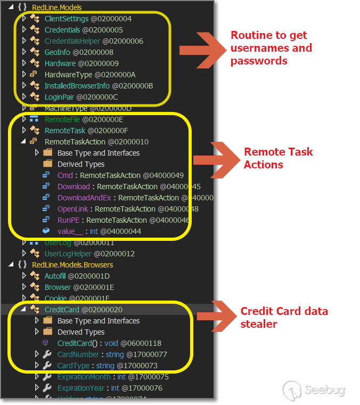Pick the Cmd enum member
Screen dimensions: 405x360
tap(65, 175)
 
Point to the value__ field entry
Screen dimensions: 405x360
tap(70, 231)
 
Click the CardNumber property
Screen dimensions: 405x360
tap(78, 354)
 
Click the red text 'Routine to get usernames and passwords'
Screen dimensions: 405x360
tap(271, 48)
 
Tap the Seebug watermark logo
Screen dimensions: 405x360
tap(314, 390)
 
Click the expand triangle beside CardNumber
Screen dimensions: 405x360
tap(37, 354)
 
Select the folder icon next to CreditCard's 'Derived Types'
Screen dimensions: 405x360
tap(48, 332)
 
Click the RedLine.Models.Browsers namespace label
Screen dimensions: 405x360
tap(72, 265)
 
